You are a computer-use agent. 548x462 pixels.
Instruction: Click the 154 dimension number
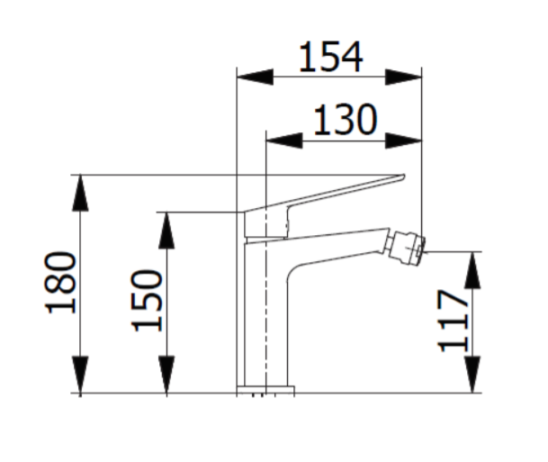331,57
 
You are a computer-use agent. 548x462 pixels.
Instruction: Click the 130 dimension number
346,120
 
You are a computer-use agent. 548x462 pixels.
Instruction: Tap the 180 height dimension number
60,282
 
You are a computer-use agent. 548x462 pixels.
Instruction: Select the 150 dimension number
147,301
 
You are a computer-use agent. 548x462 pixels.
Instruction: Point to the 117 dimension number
453,321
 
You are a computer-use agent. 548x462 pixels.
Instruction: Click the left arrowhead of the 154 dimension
256,77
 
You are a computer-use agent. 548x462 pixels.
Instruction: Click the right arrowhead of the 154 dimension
403,77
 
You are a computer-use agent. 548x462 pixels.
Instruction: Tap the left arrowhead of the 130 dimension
284,140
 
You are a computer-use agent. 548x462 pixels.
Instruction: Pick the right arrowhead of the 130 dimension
403,140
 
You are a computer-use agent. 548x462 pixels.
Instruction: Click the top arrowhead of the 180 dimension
80,193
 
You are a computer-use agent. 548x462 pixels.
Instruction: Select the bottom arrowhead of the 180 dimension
80,375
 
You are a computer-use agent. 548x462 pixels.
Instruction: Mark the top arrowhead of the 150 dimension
166,231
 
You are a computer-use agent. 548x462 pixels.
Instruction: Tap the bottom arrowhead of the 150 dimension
166,375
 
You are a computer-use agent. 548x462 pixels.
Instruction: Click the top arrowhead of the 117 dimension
472,269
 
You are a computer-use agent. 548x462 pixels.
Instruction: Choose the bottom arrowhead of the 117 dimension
472,375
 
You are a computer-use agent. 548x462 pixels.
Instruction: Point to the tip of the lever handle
404,176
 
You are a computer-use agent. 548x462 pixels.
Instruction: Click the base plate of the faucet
265,390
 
